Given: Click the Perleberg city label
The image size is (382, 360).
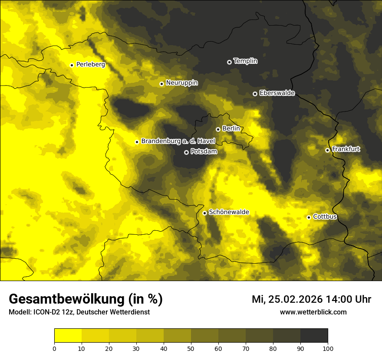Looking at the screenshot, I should (x=90, y=65).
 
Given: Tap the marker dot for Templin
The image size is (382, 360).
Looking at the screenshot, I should (x=229, y=62).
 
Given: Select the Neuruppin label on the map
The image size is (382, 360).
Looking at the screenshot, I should (x=181, y=83).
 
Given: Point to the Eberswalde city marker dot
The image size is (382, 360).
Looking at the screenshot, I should (x=255, y=94).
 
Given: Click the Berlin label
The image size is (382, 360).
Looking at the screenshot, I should (x=231, y=129).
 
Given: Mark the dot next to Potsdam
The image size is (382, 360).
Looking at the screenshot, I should (x=186, y=152).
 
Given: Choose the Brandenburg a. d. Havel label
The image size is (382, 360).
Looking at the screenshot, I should (x=178, y=141).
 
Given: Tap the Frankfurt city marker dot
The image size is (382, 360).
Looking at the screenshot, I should (x=327, y=150).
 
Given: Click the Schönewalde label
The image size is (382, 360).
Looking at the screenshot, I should (x=229, y=212).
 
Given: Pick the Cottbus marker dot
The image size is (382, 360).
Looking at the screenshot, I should (x=309, y=217).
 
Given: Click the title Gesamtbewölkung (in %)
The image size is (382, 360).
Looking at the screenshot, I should (x=86, y=299).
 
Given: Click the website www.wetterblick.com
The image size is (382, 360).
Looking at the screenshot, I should (x=313, y=312).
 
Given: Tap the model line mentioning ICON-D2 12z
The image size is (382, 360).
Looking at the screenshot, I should (x=79, y=312).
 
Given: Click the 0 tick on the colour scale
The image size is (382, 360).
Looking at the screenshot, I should (x=54, y=348).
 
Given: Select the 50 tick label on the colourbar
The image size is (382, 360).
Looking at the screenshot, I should (x=191, y=348).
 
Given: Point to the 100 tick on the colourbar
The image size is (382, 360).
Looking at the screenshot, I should (x=328, y=348).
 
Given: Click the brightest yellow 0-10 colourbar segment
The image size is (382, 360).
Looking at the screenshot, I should (x=68, y=336).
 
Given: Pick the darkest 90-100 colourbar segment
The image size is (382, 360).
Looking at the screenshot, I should (x=314, y=336).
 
